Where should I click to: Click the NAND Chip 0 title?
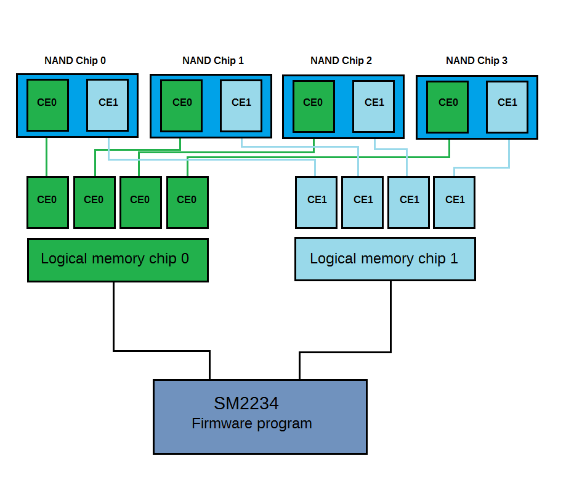(75, 60)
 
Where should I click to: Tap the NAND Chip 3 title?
(477, 60)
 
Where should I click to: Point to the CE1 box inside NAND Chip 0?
(108, 105)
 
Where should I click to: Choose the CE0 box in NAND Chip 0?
(47, 105)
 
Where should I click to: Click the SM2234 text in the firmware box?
(246, 404)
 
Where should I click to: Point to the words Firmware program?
(252, 424)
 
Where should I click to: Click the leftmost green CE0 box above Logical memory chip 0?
(47, 202)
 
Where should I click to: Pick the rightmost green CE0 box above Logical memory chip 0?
(187, 202)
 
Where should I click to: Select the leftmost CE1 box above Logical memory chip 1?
(316, 202)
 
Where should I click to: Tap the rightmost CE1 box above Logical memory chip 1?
(455, 202)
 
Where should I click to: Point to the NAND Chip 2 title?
(341, 60)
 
